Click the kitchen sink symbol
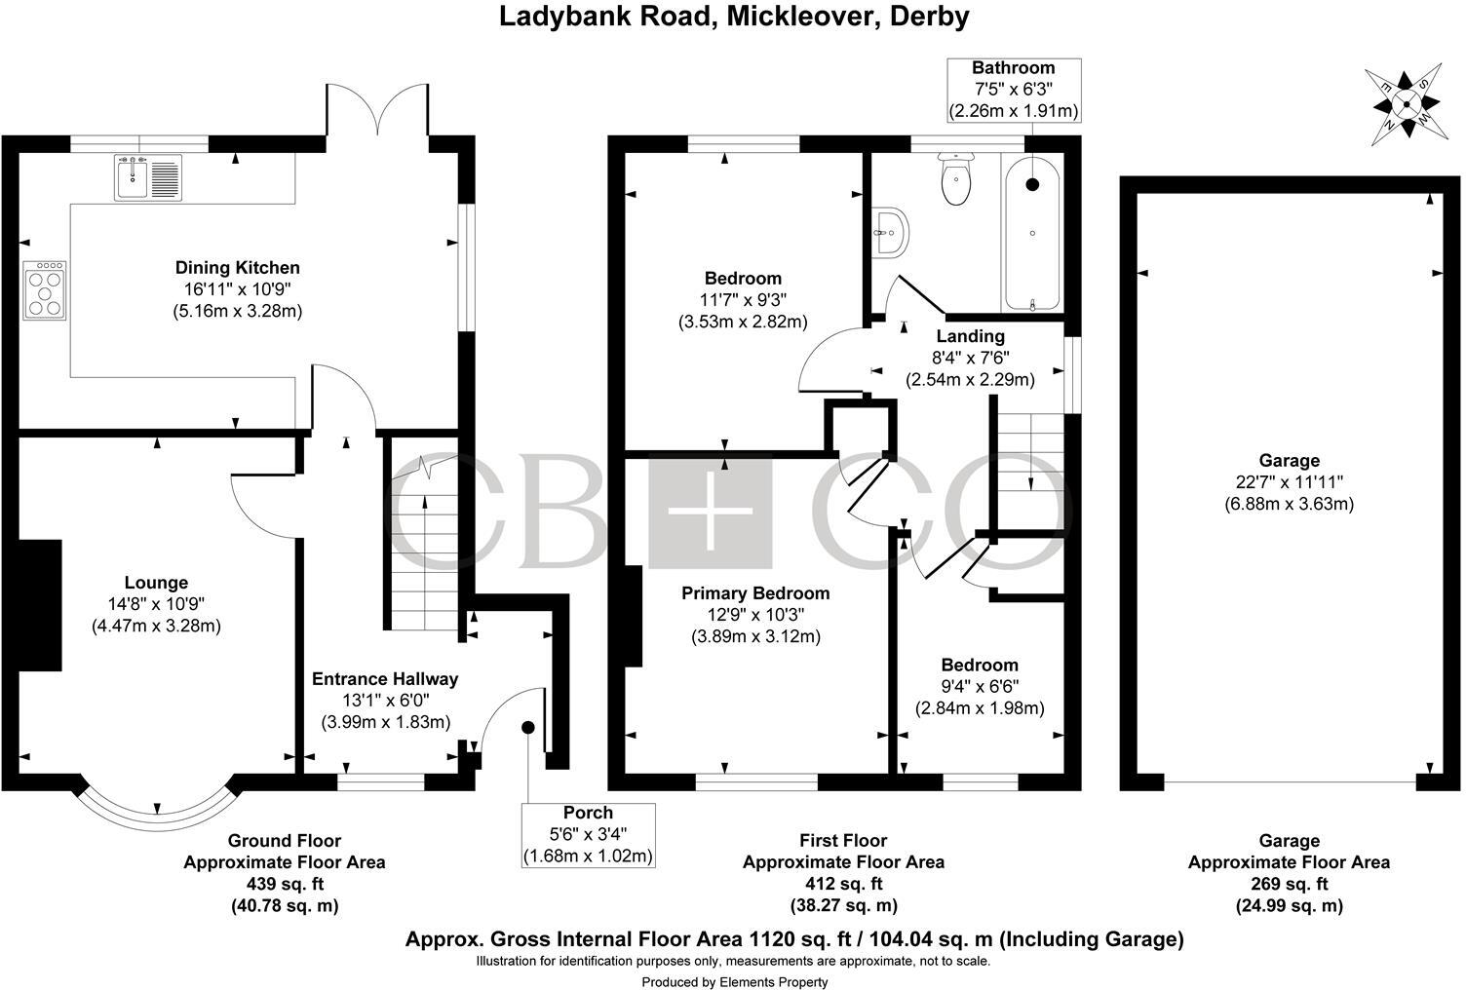(x=148, y=178)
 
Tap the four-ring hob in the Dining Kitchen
(x=45, y=289)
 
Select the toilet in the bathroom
(x=955, y=181)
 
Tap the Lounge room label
(x=156, y=583)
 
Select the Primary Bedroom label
(x=755, y=593)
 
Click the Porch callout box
(x=588, y=835)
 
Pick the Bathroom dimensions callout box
(x=1014, y=90)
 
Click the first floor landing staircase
(x=1030, y=458)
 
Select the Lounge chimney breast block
(x=39, y=604)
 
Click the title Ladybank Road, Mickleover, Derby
(x=734, y=17)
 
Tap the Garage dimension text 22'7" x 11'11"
(x=1289, y=482)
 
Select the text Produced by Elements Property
(x=734, y=981)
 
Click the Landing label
(x=970, y=336)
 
